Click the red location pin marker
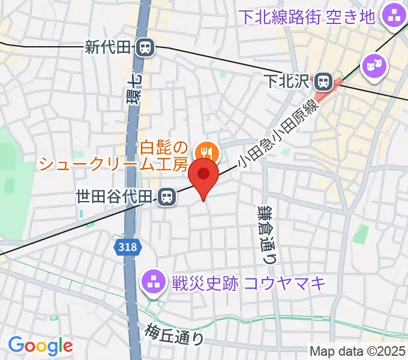click(203, 175)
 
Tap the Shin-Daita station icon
click(144, 48)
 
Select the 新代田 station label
click(107, 48)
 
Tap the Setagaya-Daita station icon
click(166, 196)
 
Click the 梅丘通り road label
click(174, 333)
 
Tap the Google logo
click(40, 346)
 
